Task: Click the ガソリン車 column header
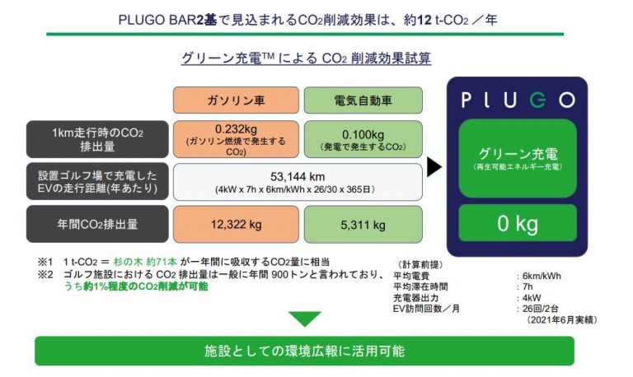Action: (237, 100)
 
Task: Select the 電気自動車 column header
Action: (363, 100)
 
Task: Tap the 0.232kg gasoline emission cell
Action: (237, 139)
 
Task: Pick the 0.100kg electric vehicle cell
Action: (363, 139)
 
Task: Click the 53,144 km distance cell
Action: (298, 182)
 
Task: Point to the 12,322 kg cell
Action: (237, 224)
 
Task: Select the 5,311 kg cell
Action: (363, 224)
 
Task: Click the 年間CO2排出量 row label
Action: (97, 224)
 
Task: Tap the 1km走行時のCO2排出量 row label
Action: (97, 139)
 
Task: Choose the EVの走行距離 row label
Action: (97, 181)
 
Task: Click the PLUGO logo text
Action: (518, 100)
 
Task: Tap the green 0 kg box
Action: (518, 223)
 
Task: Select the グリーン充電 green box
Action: (518, 158)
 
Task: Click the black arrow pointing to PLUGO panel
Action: (434, 167)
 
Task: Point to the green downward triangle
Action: (305, 319)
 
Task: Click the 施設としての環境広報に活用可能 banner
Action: (304, 351)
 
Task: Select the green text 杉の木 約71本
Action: (145, 262)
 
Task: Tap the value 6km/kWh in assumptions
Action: (542, 277)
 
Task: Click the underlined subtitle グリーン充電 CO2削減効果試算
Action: (306, 58)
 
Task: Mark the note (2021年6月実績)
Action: (560, 320)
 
